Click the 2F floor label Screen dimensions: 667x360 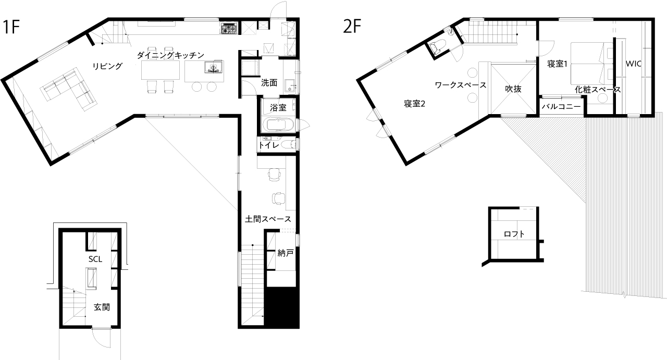(352, 26)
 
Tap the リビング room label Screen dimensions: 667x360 (107, 66)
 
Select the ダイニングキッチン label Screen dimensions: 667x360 (170, 55)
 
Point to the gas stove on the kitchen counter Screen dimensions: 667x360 (229, 28)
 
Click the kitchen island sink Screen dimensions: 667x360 (213, 67)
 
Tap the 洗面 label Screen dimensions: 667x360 (269, 83)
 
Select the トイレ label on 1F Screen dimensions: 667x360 (268, 145)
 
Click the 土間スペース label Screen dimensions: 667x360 (268, 219)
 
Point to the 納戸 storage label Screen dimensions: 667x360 (285, 253)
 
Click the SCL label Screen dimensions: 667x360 (95, 259)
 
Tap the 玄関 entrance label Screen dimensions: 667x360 (102, 307)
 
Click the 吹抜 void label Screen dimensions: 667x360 (513, 89)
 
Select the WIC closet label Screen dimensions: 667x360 (633, 64)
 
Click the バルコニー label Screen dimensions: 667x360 (561, 106)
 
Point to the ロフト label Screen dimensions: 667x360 (514, 234)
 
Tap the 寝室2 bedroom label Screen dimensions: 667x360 (414, 104)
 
